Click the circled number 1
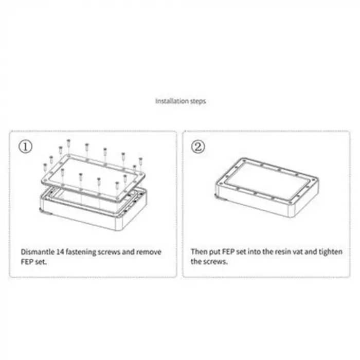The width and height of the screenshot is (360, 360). point(26,147)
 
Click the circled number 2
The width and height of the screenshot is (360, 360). point(198,147)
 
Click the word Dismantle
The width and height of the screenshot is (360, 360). point(38,252)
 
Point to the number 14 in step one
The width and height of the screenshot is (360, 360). point(60,252)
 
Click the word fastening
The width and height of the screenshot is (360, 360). point(81,252)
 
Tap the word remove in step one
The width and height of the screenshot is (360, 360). point(149,252)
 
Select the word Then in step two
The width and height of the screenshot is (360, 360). point(199,251)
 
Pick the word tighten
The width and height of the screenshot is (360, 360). point(331,252)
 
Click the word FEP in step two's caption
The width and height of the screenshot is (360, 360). point(228,251)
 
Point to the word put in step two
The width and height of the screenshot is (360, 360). point(214,252)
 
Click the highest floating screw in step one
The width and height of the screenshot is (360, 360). point(68,143)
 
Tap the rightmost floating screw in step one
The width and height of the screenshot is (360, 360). point(140,161)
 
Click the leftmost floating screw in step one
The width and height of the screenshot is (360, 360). point(45,167)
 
